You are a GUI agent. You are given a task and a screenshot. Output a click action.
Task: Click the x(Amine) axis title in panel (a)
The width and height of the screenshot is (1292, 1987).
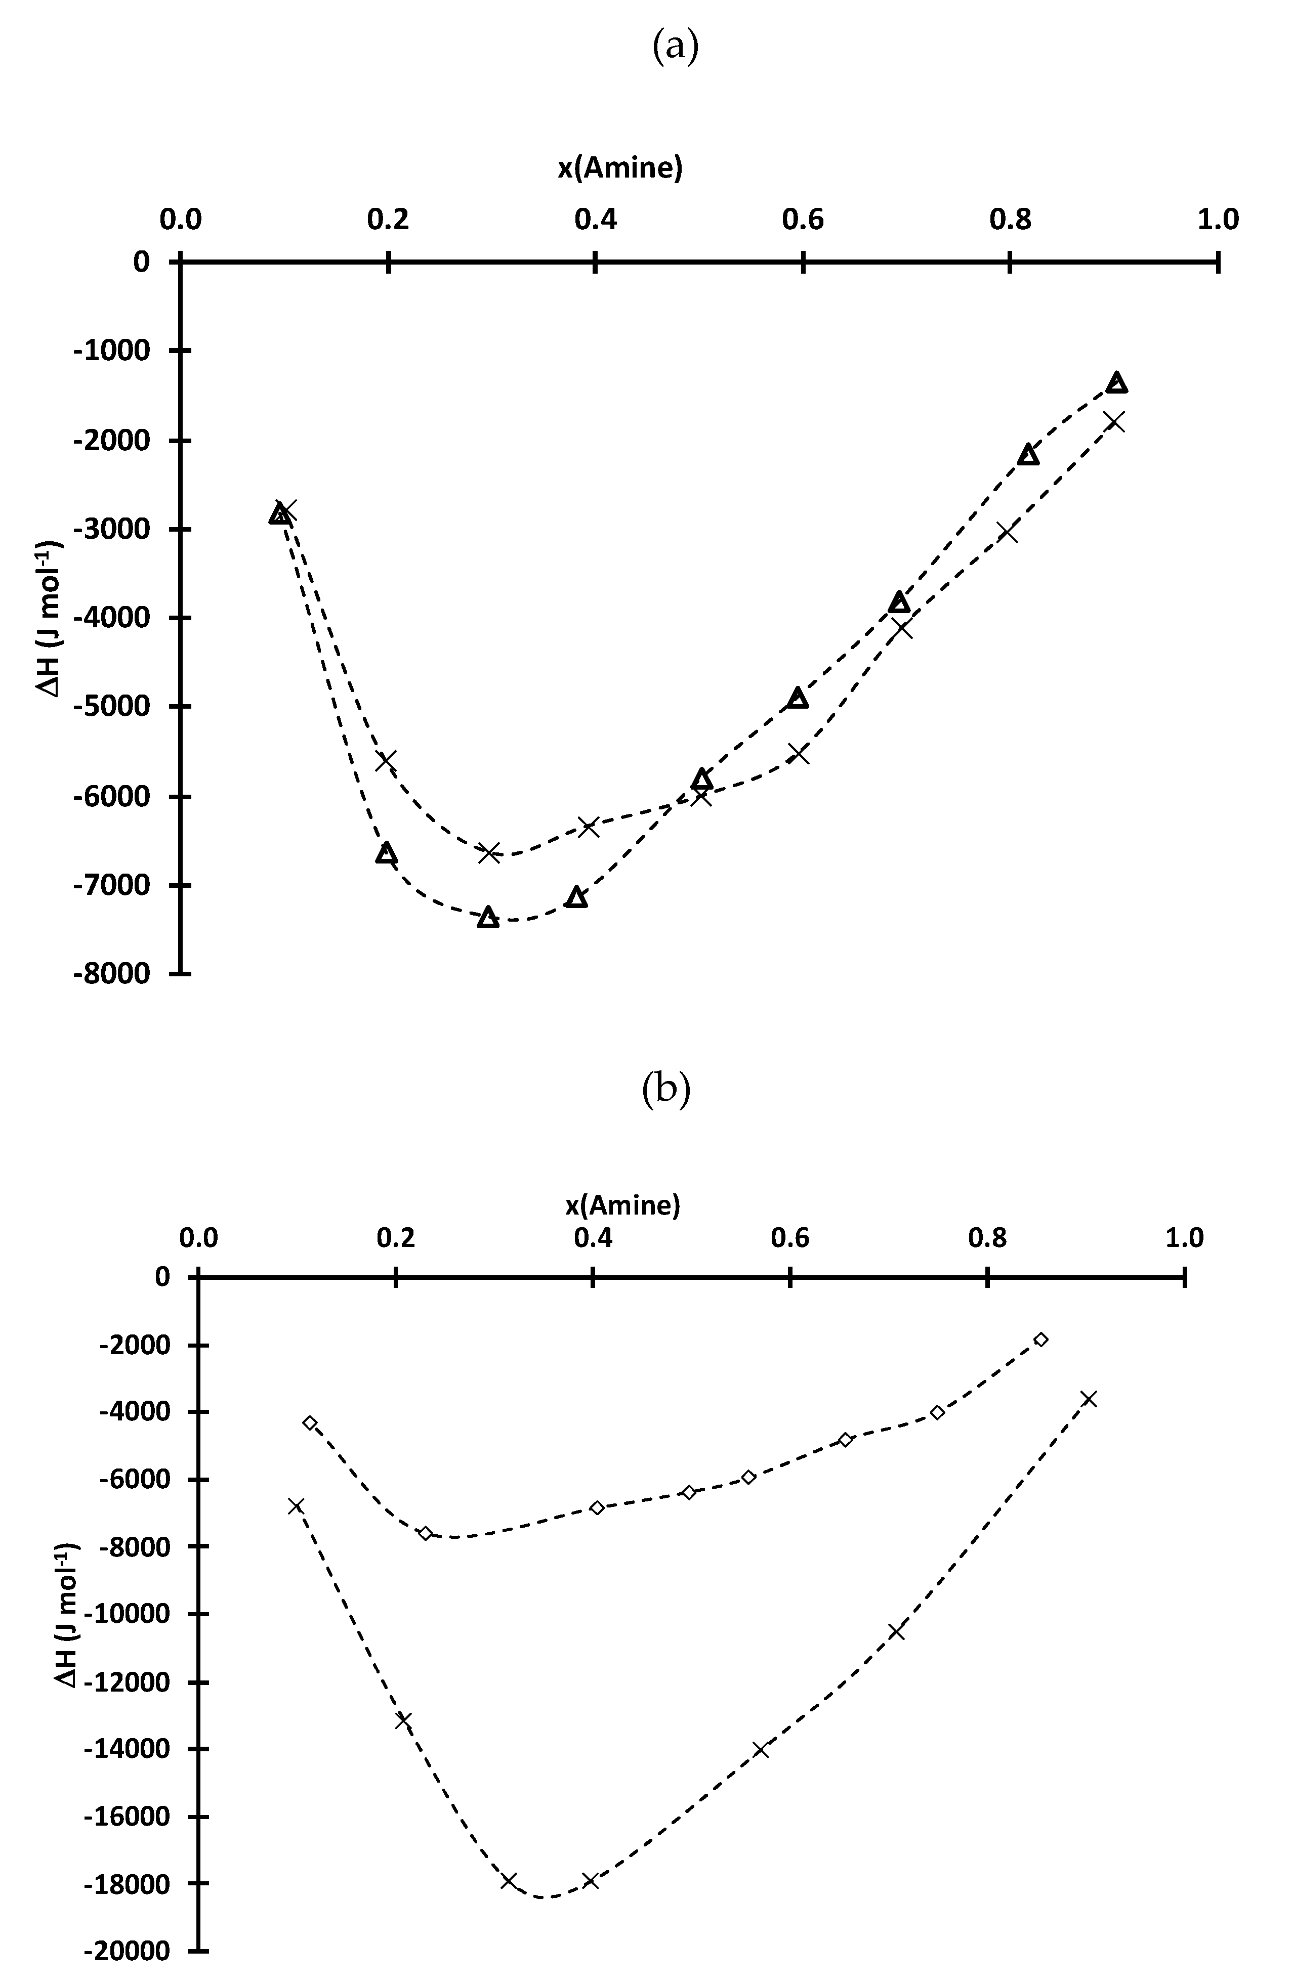[x=620, y=168]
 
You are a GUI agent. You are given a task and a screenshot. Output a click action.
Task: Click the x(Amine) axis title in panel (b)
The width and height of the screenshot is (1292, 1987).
[x=622, y=1205]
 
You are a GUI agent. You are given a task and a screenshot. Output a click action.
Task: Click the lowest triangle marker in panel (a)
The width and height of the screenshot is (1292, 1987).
[x=488, y=918]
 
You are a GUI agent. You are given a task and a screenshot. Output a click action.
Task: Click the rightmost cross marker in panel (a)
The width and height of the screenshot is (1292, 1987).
[x=1114, y=421]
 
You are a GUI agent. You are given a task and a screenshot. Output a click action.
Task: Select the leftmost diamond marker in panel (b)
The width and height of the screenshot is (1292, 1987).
[x=310, y=1422]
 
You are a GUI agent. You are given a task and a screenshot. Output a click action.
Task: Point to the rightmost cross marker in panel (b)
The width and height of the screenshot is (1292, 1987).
[x=1088, y=1398]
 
